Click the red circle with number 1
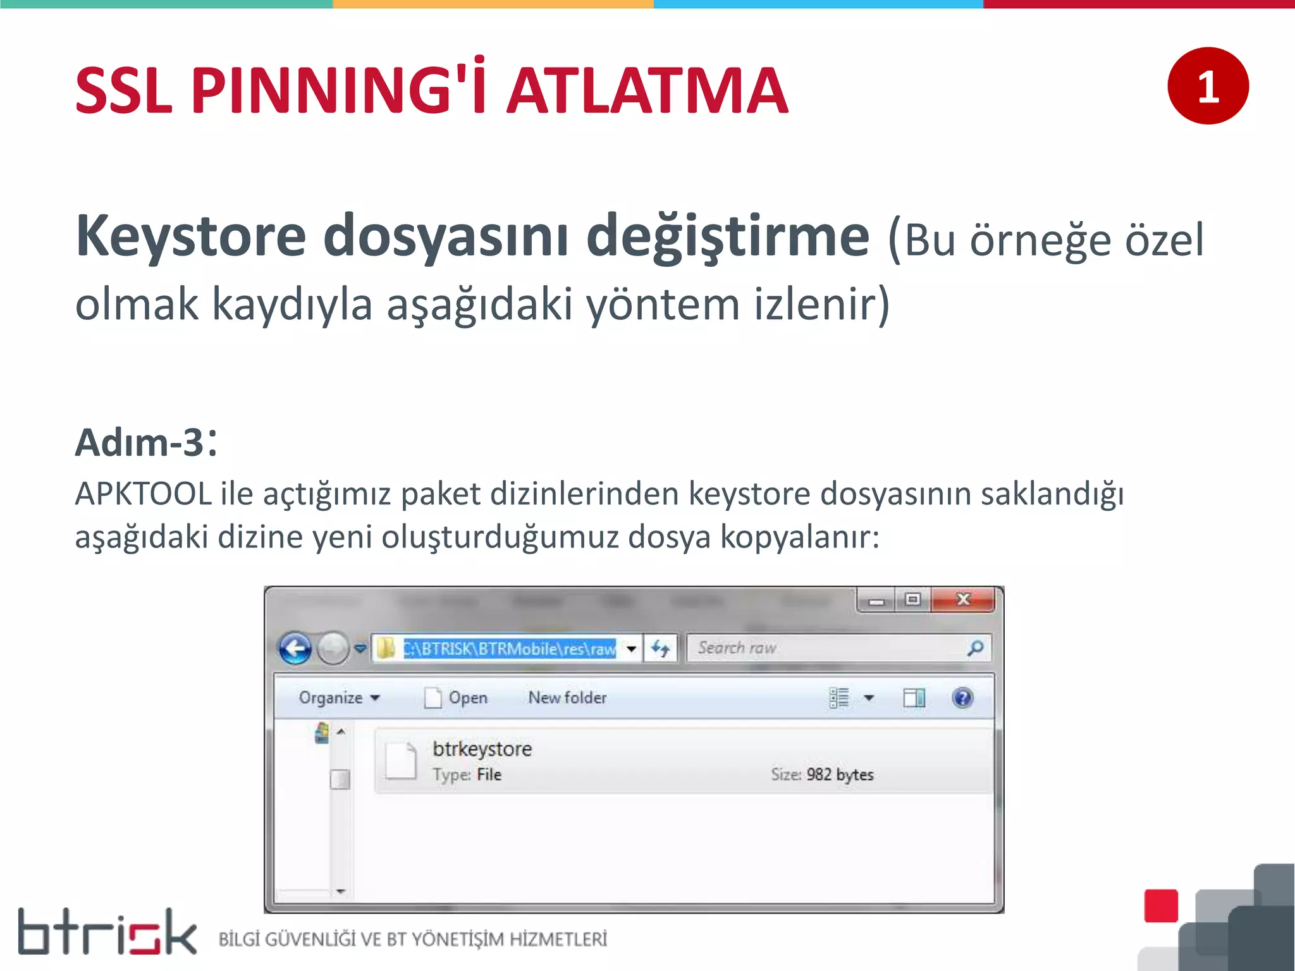[1208, 86]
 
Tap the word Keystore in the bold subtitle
[190, 236]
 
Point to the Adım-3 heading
[146, 442]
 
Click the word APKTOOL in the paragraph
[143, 494]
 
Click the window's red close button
[963, 599]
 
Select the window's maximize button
[912, 599]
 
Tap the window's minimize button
[876, 601]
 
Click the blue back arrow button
[295, 649]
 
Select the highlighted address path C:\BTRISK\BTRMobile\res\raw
[510, 649]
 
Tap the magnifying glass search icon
[976, 648]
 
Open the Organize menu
[339, 698]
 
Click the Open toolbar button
[457, 698]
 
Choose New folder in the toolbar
[567, 698]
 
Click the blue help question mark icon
[962, 698]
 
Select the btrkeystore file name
[482, 749]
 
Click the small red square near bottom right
[1161, 906]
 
